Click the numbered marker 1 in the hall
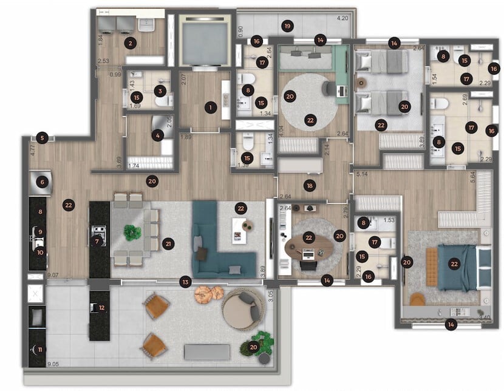[x=211, y=107]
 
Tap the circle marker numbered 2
[x=129, y=42]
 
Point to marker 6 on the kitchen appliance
[x=42, y=181]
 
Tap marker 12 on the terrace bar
[x=101, y=307]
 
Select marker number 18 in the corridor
[x=310, y=185]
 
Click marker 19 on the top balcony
[x=287, y=26]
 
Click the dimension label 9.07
[x=53, y=275]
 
